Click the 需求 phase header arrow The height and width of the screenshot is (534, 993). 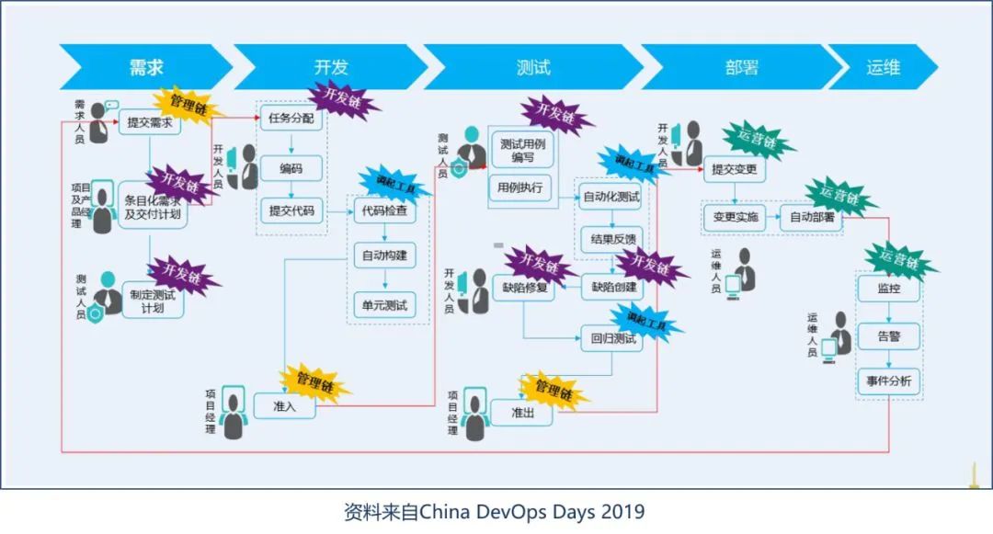coord(147,67)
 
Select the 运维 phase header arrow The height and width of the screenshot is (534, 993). coord(883,67)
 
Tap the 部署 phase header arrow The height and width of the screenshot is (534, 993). coord(741,67)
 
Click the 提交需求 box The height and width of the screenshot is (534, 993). coord(150,122)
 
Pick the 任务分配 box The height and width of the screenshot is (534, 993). coord(291,119)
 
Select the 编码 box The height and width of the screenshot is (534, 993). coord(291,167)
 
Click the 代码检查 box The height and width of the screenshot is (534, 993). coord(380,211)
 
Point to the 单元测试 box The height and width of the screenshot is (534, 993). coord(380,305)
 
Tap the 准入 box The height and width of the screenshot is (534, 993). coord(284,406)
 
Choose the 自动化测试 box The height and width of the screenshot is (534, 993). coord(611,197)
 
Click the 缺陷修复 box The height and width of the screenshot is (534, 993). coord(524,288)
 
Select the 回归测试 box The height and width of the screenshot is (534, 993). coord(611,338)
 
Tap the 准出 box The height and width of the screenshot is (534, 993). coord(522,413)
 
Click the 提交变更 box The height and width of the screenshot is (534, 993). coord(736,168)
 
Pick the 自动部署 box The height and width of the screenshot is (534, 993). coord(813,218)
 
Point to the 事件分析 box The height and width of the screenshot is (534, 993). coord(888,381)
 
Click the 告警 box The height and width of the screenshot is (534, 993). coord(888,335)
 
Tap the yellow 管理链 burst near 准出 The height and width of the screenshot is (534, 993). coord(553,389)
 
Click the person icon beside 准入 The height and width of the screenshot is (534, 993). coord(235,413)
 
